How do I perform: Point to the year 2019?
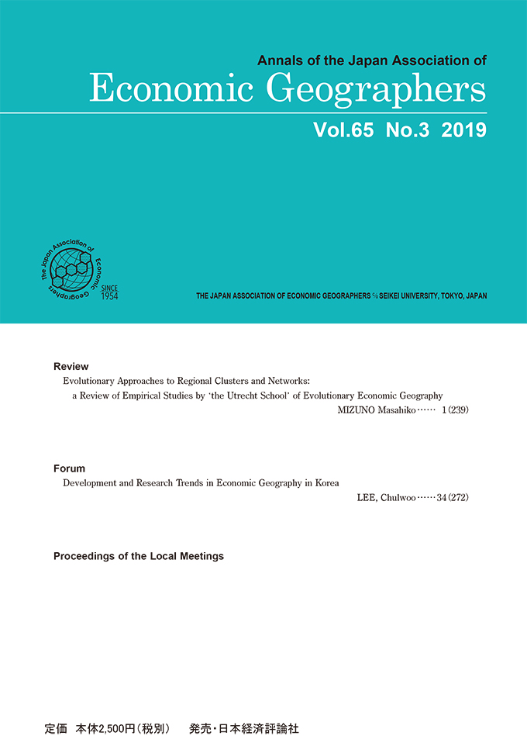point(463,130)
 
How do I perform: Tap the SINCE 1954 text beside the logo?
point(108,292)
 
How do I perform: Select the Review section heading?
point(71,366)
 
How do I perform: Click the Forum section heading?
point(69,468)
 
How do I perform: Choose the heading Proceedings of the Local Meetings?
point(139,556)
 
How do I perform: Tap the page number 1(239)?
point(455,409)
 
